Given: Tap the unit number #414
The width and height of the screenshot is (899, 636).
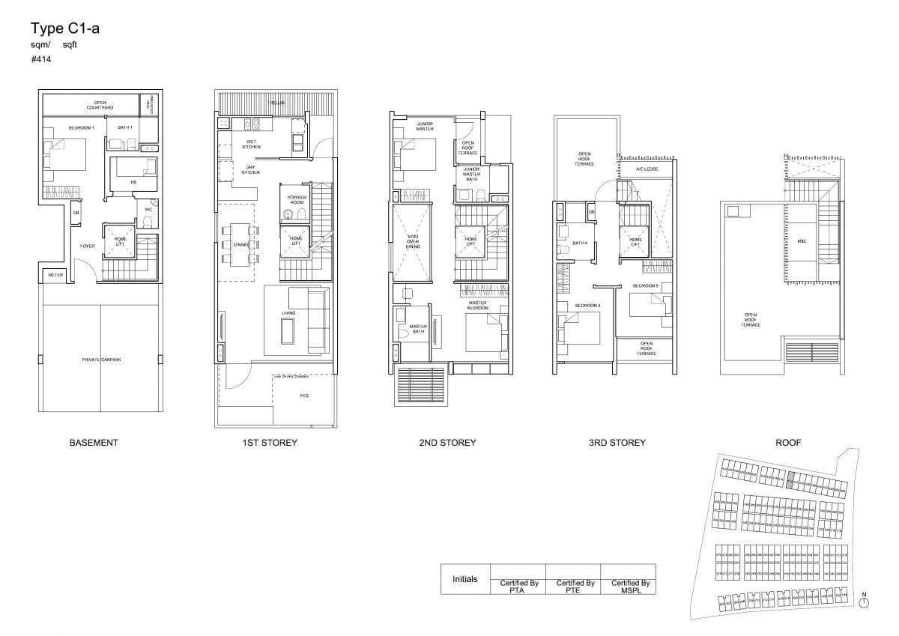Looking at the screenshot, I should pyautogui.click(x=40, y=59).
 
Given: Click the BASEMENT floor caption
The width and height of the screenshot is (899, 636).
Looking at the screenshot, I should pyautogui.click(x=94, y=443).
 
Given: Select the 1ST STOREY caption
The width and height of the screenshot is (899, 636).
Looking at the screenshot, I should pyautogui.click(x=270, y=443).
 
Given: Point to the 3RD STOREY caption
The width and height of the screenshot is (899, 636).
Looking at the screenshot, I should pyautogui.click(x=617, y=443).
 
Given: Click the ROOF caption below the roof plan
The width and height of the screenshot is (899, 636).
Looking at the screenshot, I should pyautogui.click(x=789, y=443).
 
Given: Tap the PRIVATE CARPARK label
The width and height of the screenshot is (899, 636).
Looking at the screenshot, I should pyautogui.click(x=100, y=360).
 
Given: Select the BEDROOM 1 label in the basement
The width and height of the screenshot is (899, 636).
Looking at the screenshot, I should pyautogui.click(x=80, y=128).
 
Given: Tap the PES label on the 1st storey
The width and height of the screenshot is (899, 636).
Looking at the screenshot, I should pyautogui.click(x=303, y=395).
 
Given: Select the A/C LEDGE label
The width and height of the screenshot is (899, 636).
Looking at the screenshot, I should pyautogui.click(x=646, y=169).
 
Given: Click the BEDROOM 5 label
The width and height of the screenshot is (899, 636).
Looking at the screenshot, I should pyautogui.click(x=645, y=286).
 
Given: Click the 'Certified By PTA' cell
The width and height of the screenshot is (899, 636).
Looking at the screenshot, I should pyautogui.click(x=518, y=586).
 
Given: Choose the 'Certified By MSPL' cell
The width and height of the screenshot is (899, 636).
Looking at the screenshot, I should pyautogui.click(x=629, y=586).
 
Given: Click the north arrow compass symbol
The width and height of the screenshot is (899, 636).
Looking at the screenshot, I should pyautogui.click(x=864, y=602).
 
